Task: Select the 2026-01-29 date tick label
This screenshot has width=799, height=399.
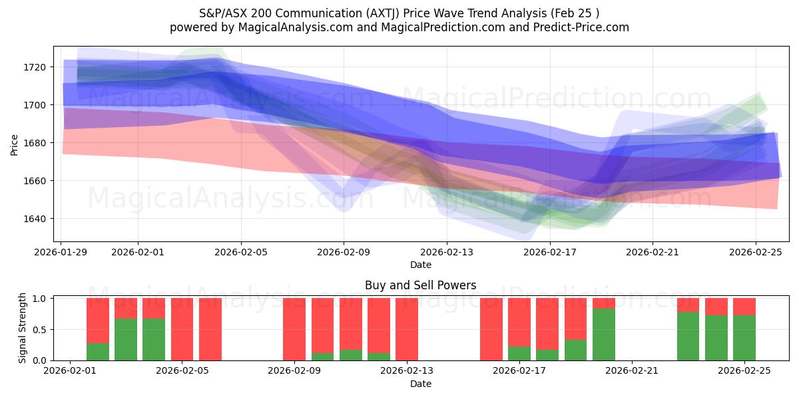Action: [62, 252]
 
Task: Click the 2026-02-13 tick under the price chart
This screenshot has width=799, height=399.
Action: [447, 252]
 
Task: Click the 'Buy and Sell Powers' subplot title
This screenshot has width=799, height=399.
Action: [420, 285]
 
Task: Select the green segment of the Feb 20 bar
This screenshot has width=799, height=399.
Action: [604, 334]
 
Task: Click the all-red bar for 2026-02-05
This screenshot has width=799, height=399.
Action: [182, 329]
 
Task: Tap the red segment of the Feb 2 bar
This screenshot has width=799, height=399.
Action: [98, 321]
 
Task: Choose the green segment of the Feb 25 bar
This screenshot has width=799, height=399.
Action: [744, 338]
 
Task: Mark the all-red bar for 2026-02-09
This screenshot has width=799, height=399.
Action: [294, 329]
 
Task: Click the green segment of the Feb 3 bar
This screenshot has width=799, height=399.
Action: [126, 340]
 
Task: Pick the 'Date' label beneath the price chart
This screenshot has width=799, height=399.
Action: [420, 265]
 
